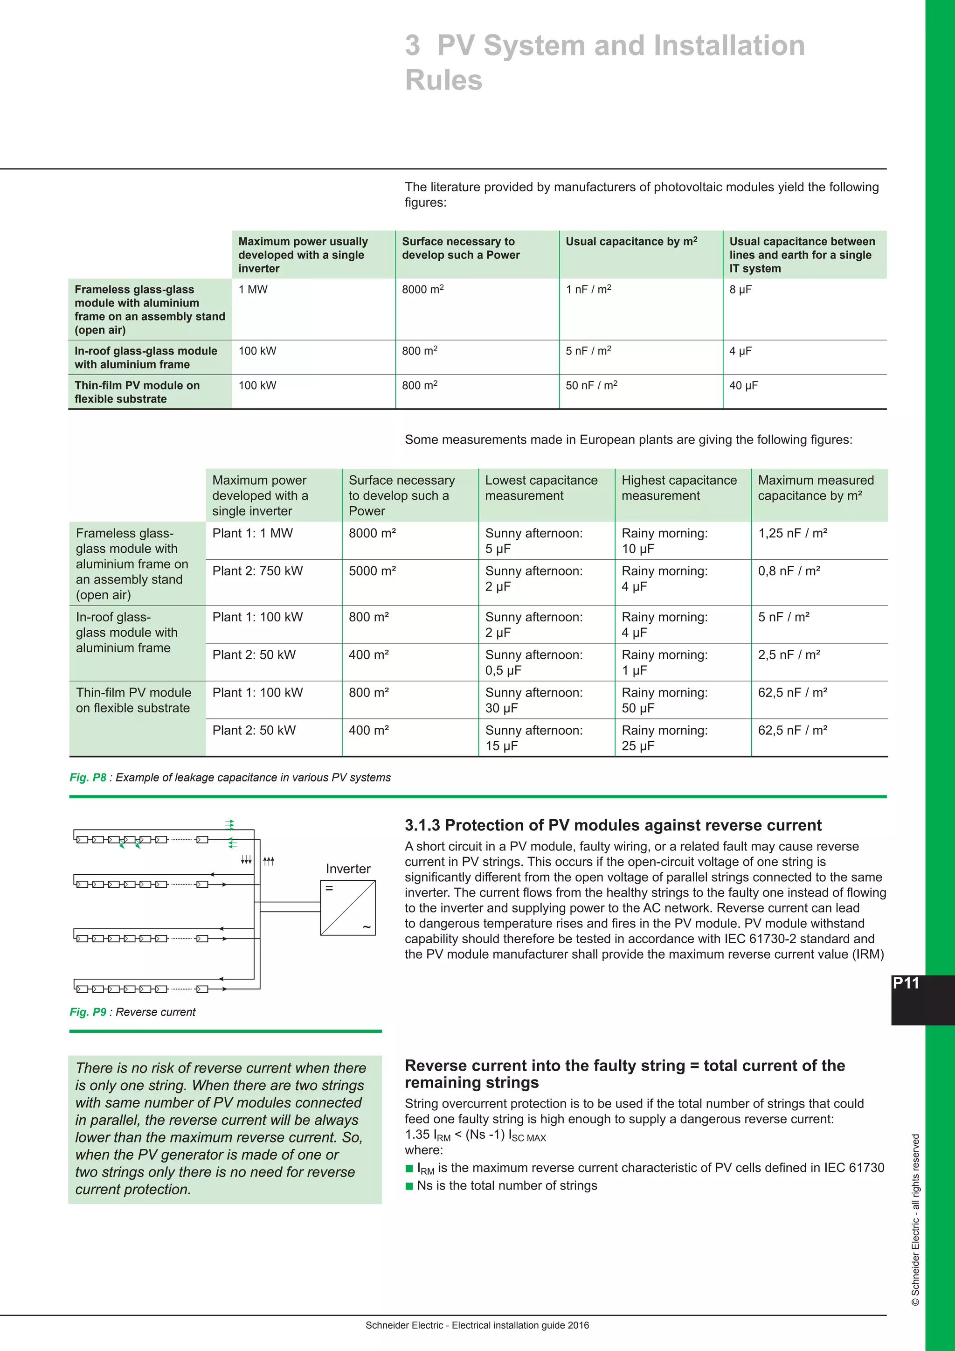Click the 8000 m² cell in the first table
(423, 289)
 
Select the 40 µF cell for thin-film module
(743, 385)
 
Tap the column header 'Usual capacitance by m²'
(631, 241)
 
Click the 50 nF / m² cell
(591, 385)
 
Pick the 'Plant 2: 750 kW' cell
(257, 571)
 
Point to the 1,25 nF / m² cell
(792, 533)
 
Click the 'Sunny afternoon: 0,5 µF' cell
(533, 662)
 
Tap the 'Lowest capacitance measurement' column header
(541, 488)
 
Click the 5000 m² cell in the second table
(372, 571)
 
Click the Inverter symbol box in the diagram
(347, 907)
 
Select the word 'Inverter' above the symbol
(347, 869)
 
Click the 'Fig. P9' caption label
(88, 1012)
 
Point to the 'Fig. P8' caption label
(88, 777)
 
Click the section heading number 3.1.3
(422, 826)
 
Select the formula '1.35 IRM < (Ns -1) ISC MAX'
(475, 1135)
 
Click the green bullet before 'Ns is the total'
(409, 1186)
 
